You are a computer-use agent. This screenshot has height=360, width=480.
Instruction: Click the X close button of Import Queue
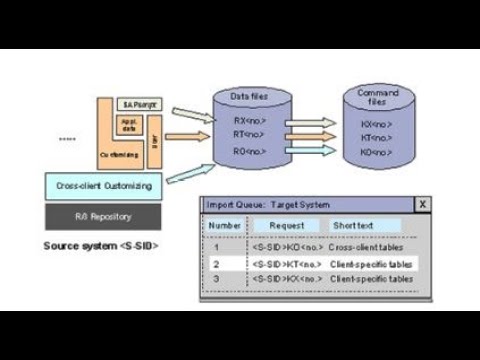pos(422,204)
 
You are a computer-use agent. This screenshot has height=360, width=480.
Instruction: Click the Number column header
pos(224,226)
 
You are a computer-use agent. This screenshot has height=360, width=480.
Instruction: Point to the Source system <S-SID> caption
pos(100,244)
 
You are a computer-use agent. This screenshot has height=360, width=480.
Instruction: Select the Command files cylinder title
pos(377,96)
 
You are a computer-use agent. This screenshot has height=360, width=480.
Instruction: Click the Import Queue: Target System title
pos(275,204)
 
